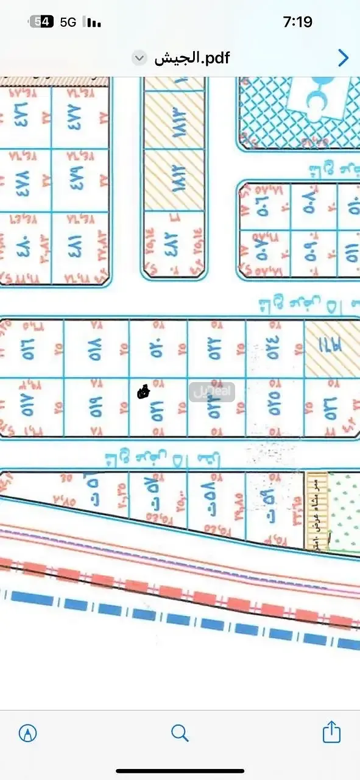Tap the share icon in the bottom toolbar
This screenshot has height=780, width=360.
point(331,732)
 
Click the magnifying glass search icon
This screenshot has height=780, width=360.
point(180,732)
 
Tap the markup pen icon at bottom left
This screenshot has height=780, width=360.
point(28,732)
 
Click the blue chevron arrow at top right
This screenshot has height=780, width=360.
point(343,58)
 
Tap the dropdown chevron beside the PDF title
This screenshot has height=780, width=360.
point(139,58)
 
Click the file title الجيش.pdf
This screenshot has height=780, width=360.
point(191,58)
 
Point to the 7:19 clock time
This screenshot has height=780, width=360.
point(298,23)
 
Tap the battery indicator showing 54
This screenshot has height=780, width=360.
point(42,23)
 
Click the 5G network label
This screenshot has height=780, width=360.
point(68,23)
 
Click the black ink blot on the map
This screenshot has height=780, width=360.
point(143,392)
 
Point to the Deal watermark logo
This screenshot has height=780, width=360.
point(211,391)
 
